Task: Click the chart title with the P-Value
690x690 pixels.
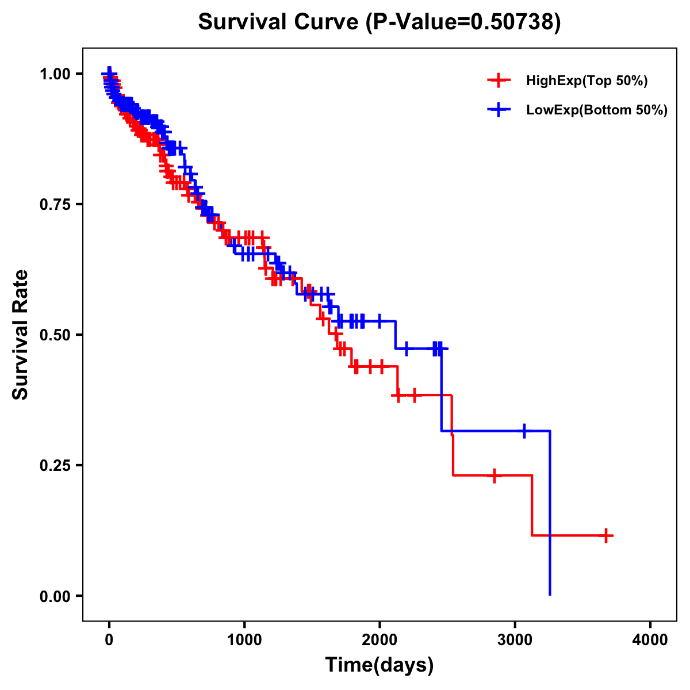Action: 379,22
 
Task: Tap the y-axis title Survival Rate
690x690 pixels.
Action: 21,334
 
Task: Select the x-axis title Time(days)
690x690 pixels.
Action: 379,665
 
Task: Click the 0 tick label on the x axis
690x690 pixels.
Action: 109,640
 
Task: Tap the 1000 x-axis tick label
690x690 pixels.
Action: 244,640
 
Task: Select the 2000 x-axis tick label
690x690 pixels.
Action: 379,640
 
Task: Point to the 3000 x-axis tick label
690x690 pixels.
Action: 515,640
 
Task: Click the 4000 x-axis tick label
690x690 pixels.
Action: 650,640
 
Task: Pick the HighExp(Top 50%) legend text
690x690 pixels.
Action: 586,81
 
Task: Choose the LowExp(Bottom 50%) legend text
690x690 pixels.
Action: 597,110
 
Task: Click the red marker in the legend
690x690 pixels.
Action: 499,80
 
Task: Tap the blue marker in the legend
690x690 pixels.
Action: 499,109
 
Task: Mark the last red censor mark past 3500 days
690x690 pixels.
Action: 605,535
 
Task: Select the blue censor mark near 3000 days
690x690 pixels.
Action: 524,430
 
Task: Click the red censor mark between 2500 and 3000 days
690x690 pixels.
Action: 494,476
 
